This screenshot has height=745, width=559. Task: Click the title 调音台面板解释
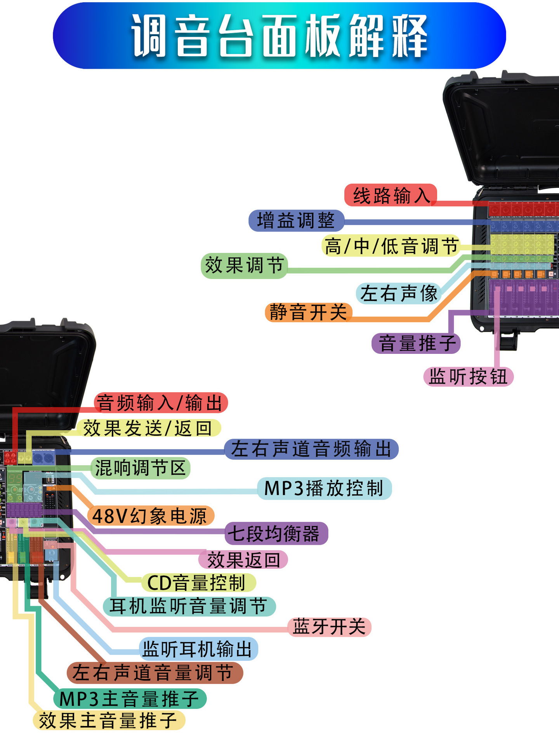tap(279, 36)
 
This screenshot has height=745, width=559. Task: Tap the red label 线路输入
tap(391, 195)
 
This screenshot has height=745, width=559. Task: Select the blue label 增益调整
tap(296, 220)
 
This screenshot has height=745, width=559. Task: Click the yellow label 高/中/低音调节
tap(391, 246)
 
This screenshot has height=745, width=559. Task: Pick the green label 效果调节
tap(244, 266)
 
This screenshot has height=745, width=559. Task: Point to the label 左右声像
tap(398, 293)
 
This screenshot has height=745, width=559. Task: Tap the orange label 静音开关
tap(309, 312)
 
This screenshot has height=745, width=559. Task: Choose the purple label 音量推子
tap(416, 343)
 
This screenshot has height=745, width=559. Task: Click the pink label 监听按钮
tap(469, 376)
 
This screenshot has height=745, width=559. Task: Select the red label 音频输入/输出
tap(161, 403)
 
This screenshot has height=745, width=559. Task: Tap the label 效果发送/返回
tap(148, 428)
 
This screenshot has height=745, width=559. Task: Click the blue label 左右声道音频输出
tap(311, 449)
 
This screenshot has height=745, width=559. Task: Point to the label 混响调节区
tap(141, 468)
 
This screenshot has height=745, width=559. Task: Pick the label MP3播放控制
tap(325, 488)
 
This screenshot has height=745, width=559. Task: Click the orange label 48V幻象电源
tap(151, 516)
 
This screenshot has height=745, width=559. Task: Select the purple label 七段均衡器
tap(276, 533)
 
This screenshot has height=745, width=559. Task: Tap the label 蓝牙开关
tap(330, 627)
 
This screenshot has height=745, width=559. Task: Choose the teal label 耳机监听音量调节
tap(189, 606)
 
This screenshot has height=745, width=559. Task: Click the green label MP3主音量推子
tap(130, 698)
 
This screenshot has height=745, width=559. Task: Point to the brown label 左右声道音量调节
tap(155, 673)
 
